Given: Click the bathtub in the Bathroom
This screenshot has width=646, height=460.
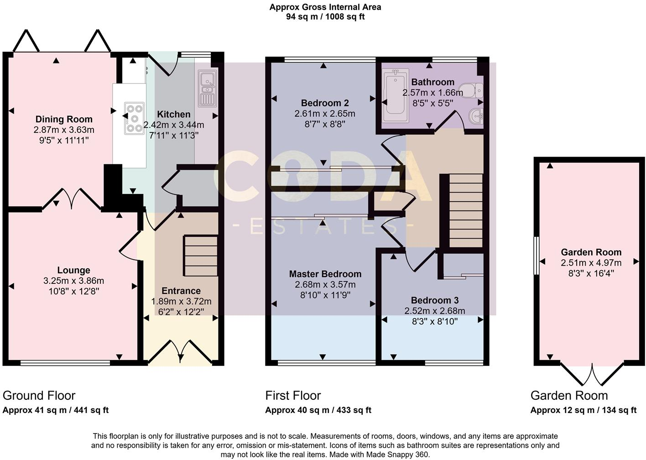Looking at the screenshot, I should [x=393, y=95].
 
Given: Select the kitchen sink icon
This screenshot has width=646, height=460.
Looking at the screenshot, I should [x=207, y=89].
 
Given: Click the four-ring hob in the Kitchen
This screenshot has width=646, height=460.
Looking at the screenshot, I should [x=134, y=117].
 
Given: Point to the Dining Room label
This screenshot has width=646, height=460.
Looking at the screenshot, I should [x=64, y=120].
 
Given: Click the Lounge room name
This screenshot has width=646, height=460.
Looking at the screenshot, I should [x=73, y=271].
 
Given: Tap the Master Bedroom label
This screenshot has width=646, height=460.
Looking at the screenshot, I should [x=325, y=274].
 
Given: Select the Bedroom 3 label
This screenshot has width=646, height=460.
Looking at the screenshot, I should [x=434, y=300].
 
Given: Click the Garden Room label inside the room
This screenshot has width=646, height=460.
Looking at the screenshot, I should [x=591, y=252].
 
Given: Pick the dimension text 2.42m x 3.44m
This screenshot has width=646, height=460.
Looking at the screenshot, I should [x=174, y=125].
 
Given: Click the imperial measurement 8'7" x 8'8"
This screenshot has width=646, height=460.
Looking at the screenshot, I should [x=324, y=123].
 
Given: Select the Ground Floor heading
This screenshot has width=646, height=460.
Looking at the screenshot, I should [x=39, y=396].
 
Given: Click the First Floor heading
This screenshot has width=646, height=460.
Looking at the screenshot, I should [x=293, y=396].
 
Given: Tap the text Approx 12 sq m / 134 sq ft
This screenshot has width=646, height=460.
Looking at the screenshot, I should [x=583, y=410].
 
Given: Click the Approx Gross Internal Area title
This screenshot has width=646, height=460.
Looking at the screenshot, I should [x=325, y=7].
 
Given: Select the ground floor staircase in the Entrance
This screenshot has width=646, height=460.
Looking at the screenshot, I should [x=201, y=256].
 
